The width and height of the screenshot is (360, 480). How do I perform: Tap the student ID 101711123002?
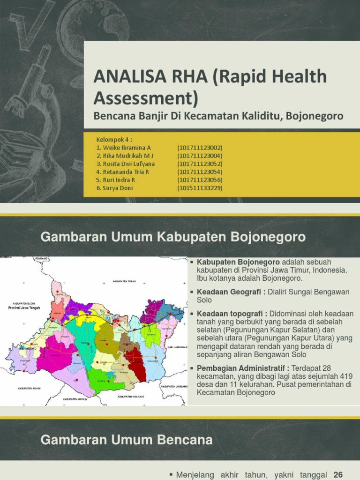pyautogui.click(x=200, y=148)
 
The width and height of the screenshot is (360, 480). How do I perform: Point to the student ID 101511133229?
pyautogui.click(x=200, y=188)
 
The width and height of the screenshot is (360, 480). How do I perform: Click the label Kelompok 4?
pyautogui.click(x=114, y=140)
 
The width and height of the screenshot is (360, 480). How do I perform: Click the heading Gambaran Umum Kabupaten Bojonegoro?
pyautogui.click(x=173, y=237)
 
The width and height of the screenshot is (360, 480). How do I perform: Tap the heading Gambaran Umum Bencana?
pyautogui.click(x=127, y=440)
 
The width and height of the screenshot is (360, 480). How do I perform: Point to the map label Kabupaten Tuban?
pyautogui.click(x=123, y=282)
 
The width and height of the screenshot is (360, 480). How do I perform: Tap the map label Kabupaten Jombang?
pyautogui.click(x=174, y=386)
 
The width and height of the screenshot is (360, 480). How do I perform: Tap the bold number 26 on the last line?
pyautogui.click(x=337, y=475)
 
